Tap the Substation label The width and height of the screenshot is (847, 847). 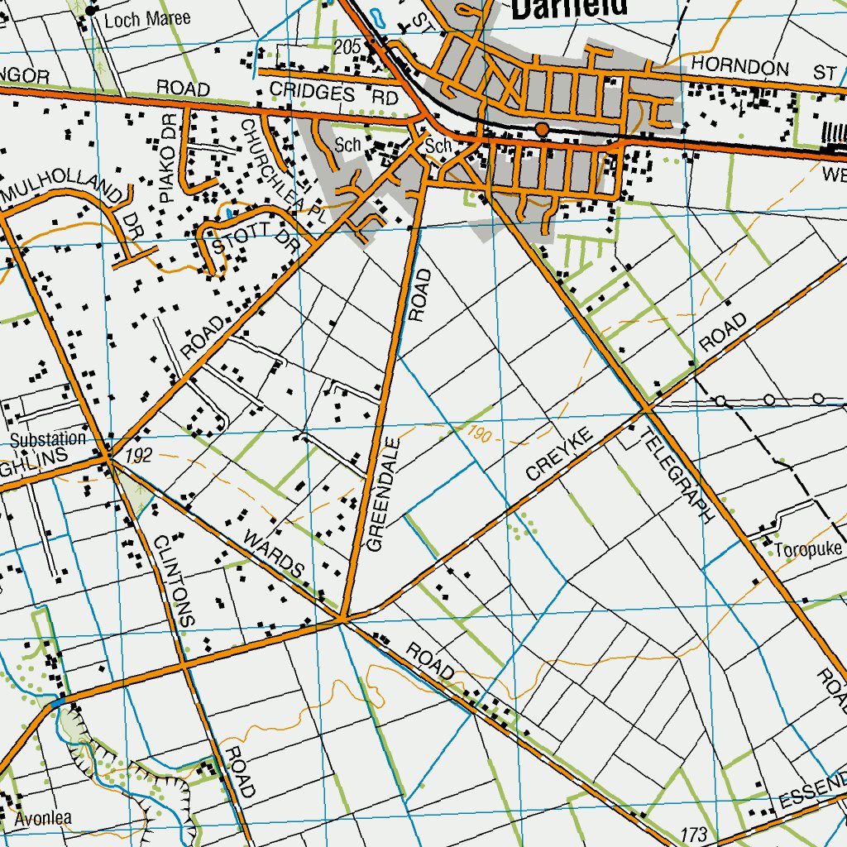tap(47, 439)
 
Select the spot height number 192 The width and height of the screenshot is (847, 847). tap(140, 455)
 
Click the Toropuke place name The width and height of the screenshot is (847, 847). tap(807, 550)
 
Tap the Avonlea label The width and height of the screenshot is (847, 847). tap(36, 818)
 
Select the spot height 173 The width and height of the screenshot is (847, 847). tap(696, 832)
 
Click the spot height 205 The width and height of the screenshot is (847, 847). tap(348, 47)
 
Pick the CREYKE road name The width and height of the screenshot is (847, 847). tap(560, 454)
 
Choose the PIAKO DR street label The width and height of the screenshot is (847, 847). tap(170, 170)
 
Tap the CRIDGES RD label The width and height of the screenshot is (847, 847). tap(334, 94)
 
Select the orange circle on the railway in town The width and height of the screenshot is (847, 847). tap(541, 130)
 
